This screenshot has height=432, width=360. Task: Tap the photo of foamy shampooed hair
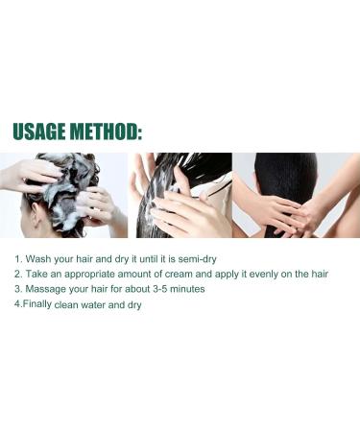point(63,195)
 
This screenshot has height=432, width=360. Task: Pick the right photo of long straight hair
point(296,195)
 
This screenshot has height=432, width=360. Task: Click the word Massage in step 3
point(48,289)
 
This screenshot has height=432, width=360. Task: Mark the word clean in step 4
point(80,305)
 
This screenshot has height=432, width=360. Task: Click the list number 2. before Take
point(18,275)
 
